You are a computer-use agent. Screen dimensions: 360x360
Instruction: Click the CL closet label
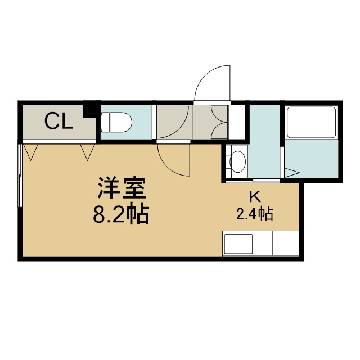coord(58,121)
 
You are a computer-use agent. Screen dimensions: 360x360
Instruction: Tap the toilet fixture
coord(116,122)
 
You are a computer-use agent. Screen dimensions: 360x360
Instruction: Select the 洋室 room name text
coord(121,188)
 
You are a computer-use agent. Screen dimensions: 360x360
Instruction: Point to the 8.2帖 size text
coord(121,213)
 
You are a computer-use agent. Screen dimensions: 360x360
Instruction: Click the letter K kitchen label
coord(255,196)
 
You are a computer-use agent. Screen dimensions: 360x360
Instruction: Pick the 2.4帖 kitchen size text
coord(255,214)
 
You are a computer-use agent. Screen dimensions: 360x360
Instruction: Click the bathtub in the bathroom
coord(311,123)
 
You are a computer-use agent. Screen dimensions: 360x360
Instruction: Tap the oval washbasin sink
coord(237,161)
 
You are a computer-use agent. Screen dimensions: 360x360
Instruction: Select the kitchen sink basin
coord(238,244)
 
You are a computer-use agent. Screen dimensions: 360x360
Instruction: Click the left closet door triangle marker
coord(30,152)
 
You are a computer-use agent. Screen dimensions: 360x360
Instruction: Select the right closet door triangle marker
coord(87,152)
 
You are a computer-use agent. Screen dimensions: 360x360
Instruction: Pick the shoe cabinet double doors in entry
coord(219,123)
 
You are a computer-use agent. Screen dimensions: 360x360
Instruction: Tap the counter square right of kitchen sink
coord(286,244)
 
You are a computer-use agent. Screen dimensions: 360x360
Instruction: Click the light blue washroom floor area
coord(264,142)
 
